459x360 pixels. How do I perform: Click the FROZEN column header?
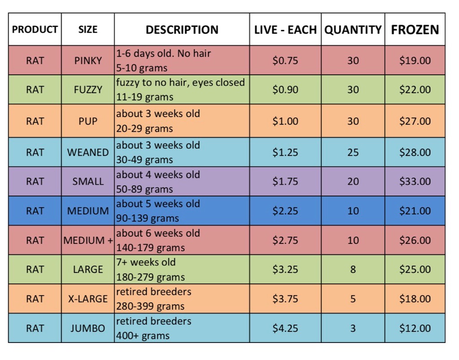(x=415, y=30)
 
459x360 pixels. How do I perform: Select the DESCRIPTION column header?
(x=182, y=30)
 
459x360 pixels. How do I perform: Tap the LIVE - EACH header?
(x=286, y=30)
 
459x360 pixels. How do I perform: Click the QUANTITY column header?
(x=353, y=30)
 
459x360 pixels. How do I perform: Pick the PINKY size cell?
(x=88, y=60)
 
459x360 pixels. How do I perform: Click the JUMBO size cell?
(x=88, y=328)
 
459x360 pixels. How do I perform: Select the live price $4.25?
(x=285, y=328)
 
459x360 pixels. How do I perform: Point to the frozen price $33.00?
(x=415, y=181)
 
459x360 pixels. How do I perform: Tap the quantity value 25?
(x=353, y=152)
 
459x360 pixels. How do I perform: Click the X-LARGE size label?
(x=88, y=299)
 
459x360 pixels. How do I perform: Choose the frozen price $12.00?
(x=415, y=328)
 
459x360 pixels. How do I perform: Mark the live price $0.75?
(x=285, y=60)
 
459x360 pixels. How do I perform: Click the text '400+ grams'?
(x=143, y=335)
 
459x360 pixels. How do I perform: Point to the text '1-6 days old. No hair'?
(x=163, y=53)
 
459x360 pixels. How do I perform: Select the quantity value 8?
(x=353, y=269)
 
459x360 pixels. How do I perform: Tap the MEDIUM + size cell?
(x=88, y=240)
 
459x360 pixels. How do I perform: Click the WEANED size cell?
(x=88, y=152)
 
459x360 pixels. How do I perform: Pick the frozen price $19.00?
(x=415, y=60)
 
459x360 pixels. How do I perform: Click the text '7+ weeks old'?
(x=146, y=262)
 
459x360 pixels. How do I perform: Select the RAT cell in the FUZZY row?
(x=35, y=90)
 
